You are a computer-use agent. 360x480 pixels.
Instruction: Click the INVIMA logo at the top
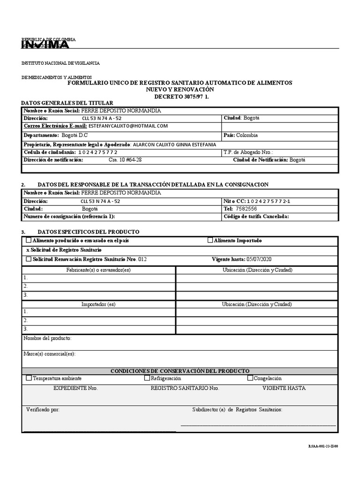pos(45,45)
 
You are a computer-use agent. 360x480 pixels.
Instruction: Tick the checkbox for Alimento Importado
pos(210,240)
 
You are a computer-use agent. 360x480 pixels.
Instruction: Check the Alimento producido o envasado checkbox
pos(29,240)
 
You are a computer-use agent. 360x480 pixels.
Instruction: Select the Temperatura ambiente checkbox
pos(29,378)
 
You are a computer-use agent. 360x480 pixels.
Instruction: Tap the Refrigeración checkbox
pos(147,378)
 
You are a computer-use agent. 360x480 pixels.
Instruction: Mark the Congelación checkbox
pos(250,378)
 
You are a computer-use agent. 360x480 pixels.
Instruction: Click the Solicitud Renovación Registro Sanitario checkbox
pos(29,259)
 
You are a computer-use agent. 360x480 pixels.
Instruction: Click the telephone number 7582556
pos(246,209)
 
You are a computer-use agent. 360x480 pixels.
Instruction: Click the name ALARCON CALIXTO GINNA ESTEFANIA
pos(175,144)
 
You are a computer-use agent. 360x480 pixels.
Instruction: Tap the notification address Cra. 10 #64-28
pos(125,160)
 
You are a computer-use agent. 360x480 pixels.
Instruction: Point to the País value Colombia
pos(247,135)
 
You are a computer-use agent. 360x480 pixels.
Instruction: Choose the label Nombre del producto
pos(47,338)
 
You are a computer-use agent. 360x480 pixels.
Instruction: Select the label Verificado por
pos(43,409)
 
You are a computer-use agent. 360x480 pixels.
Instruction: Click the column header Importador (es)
pos(98,304)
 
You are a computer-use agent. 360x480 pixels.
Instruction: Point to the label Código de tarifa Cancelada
pos(256,217)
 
